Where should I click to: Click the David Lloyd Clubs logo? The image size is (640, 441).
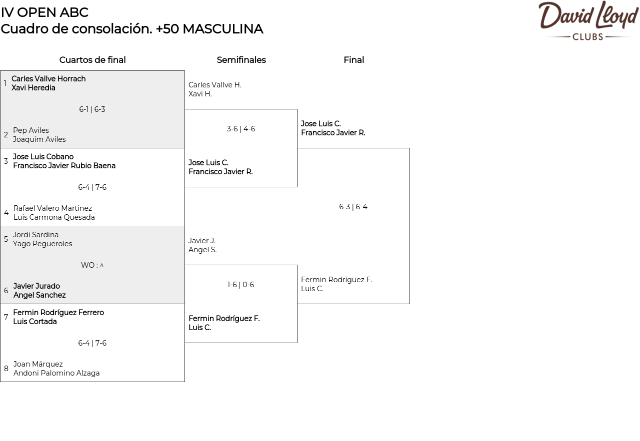click(588, 20)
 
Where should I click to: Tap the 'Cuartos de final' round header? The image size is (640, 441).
click(92, 60)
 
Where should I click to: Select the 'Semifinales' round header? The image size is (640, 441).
click(241, 60)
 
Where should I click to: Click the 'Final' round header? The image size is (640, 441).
click(353, 60)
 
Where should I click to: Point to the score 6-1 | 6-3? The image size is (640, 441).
click(92, 109)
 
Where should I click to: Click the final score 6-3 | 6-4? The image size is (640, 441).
click(353, 207)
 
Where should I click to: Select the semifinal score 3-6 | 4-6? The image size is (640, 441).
click(241, 129)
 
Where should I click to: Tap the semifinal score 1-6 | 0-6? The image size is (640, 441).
click(241, 285)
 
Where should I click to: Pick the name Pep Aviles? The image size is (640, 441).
click(31, 130)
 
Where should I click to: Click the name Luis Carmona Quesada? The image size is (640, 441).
click(54, 217)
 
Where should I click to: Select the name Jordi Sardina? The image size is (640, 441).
click(35, 235)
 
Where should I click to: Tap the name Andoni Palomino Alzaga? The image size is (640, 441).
click(56, 373)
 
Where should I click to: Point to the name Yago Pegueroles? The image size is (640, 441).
click(42, 244)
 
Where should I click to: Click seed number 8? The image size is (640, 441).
click(6, 369)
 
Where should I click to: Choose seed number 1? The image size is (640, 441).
click(5, 83)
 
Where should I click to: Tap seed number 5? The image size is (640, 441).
click(6, 239)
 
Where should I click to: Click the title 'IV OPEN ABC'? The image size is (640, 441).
click(44, 12)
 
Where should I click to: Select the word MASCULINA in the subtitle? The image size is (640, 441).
click(222, 29)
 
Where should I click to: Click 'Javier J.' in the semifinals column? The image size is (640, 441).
click(202, 241)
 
